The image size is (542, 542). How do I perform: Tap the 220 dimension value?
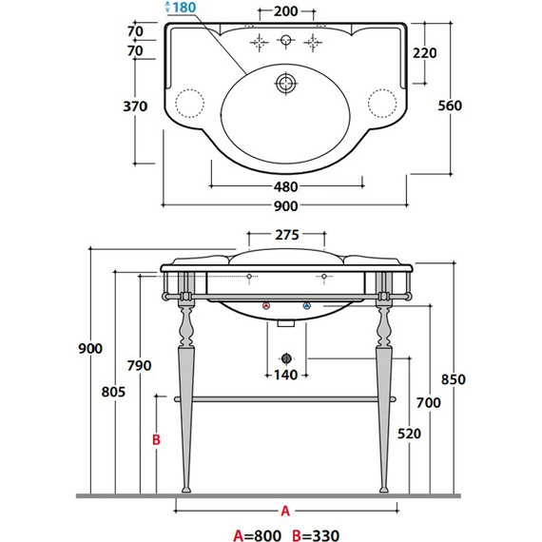point(425,53)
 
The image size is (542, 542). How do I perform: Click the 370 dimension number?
point(135,106)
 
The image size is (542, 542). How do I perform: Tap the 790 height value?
point(139,366)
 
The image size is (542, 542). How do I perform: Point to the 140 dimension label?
point(285,375)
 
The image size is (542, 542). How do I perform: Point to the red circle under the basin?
point(266,306)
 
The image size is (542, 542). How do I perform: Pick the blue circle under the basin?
point(305,306)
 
